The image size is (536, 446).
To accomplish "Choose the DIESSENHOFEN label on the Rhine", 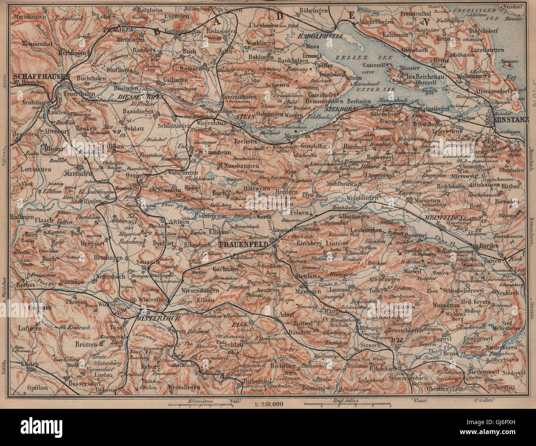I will pos(141,96).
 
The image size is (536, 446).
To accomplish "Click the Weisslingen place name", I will pos(184,387).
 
